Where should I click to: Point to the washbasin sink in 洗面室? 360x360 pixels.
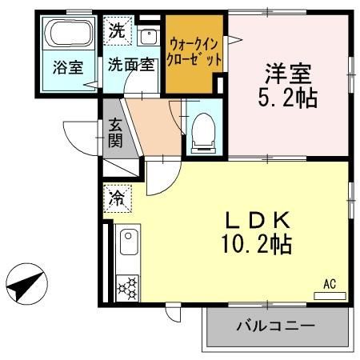[148, 36]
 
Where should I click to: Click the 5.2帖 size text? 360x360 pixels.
[289, 99]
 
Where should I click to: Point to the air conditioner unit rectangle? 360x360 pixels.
[330, 296]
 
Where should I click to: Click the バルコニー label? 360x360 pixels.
[274, 326]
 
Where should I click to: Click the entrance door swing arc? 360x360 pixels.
[78, 134]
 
